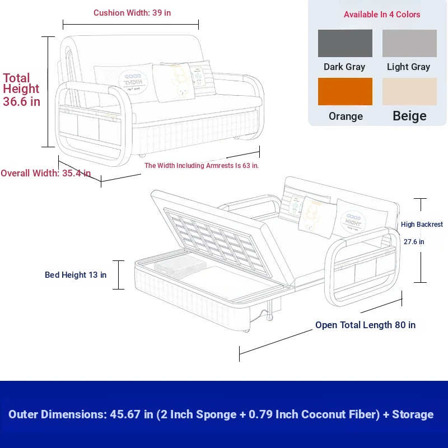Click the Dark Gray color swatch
pos(345,43)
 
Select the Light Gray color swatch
pos(409,43)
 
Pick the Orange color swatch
pos(345,91)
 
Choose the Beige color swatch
pos(409,91)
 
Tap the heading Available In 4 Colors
pos(382,15)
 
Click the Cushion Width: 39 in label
pos(132,13)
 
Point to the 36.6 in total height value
pos(21,101)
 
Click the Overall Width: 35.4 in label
pos(46,173)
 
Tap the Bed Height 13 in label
pos(76,275)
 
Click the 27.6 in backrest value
pos(414,242)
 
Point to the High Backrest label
pos(422,225)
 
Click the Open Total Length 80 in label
pos(365,325)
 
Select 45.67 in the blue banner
pos(125,414)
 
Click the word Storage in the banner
pos(413,414)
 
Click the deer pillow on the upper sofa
pos(174,82)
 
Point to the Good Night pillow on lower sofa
pos(361,218)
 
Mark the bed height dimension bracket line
pos(118,275)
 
